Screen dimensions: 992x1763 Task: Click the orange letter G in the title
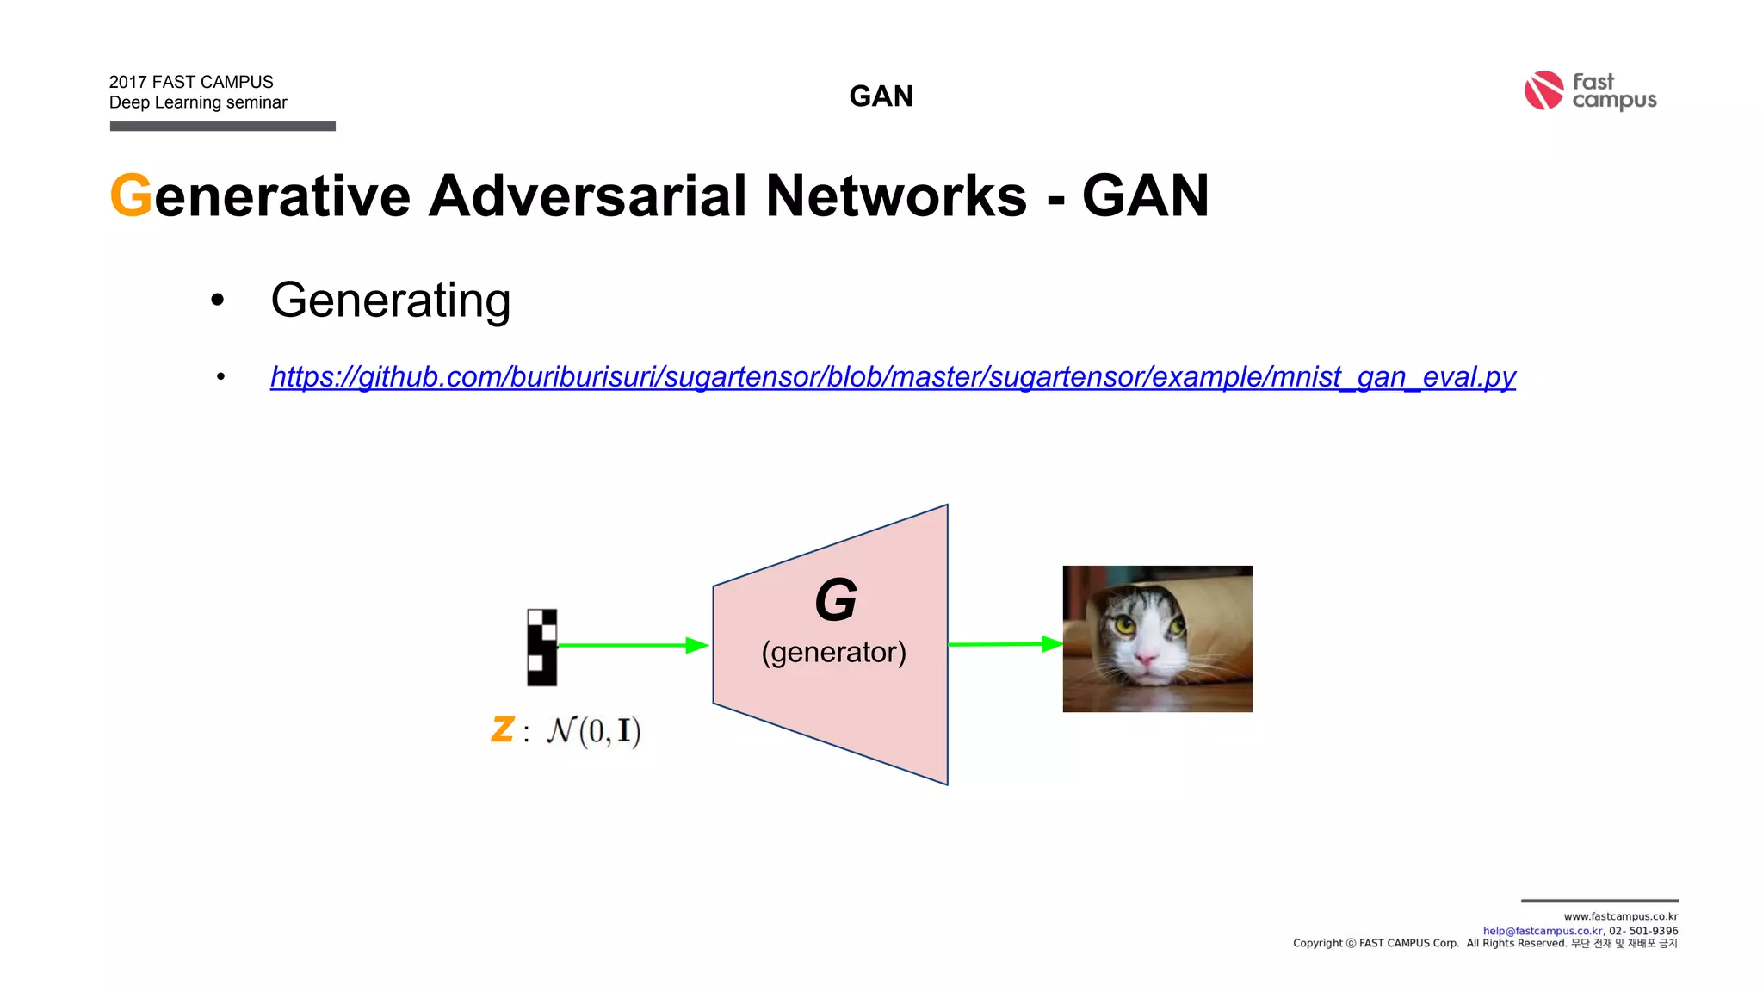coord(131,195)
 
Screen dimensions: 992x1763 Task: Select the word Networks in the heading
coord(895,195)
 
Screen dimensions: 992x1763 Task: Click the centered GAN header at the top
coord(881,96)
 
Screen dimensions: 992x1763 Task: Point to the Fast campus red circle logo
coord(1543,90)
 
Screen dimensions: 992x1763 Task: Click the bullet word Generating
coord(390,300)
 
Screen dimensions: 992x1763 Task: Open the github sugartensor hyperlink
coord(893,377)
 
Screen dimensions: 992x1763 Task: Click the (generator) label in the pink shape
coord(833,652)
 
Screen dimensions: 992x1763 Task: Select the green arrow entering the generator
coord(633,645)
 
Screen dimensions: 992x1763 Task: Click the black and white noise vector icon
coord(541,647)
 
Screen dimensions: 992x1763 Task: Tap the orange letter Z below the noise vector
coord(503,729)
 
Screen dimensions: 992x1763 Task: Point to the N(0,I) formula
coord(594,731)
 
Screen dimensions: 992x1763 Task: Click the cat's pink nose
coord(1146,660)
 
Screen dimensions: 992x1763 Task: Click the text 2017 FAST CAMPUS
coord(191,82)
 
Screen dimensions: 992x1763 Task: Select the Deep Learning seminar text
coord(198,102)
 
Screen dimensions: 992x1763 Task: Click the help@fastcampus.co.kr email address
coord(1542,931)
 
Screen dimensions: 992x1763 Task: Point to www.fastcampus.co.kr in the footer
coord(1620,916)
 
